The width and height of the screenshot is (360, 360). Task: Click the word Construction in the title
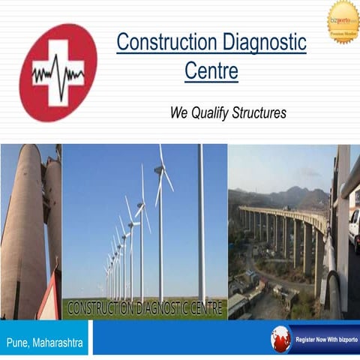(x=162, y=42)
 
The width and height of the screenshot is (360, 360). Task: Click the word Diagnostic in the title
(x=259, y=42)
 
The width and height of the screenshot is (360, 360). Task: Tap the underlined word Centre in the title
(x=211, y=72)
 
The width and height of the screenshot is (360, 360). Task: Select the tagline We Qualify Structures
(x=228, y=113)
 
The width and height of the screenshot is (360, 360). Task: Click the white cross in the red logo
(x=57, y=72)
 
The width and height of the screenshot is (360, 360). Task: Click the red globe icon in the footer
(x=280, y=339)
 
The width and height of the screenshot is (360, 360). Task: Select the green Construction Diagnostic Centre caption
(x=145, y=307)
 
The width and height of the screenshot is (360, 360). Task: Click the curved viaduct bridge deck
(x=285, y=214)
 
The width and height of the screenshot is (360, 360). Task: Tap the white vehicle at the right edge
(x=354, y=225)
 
